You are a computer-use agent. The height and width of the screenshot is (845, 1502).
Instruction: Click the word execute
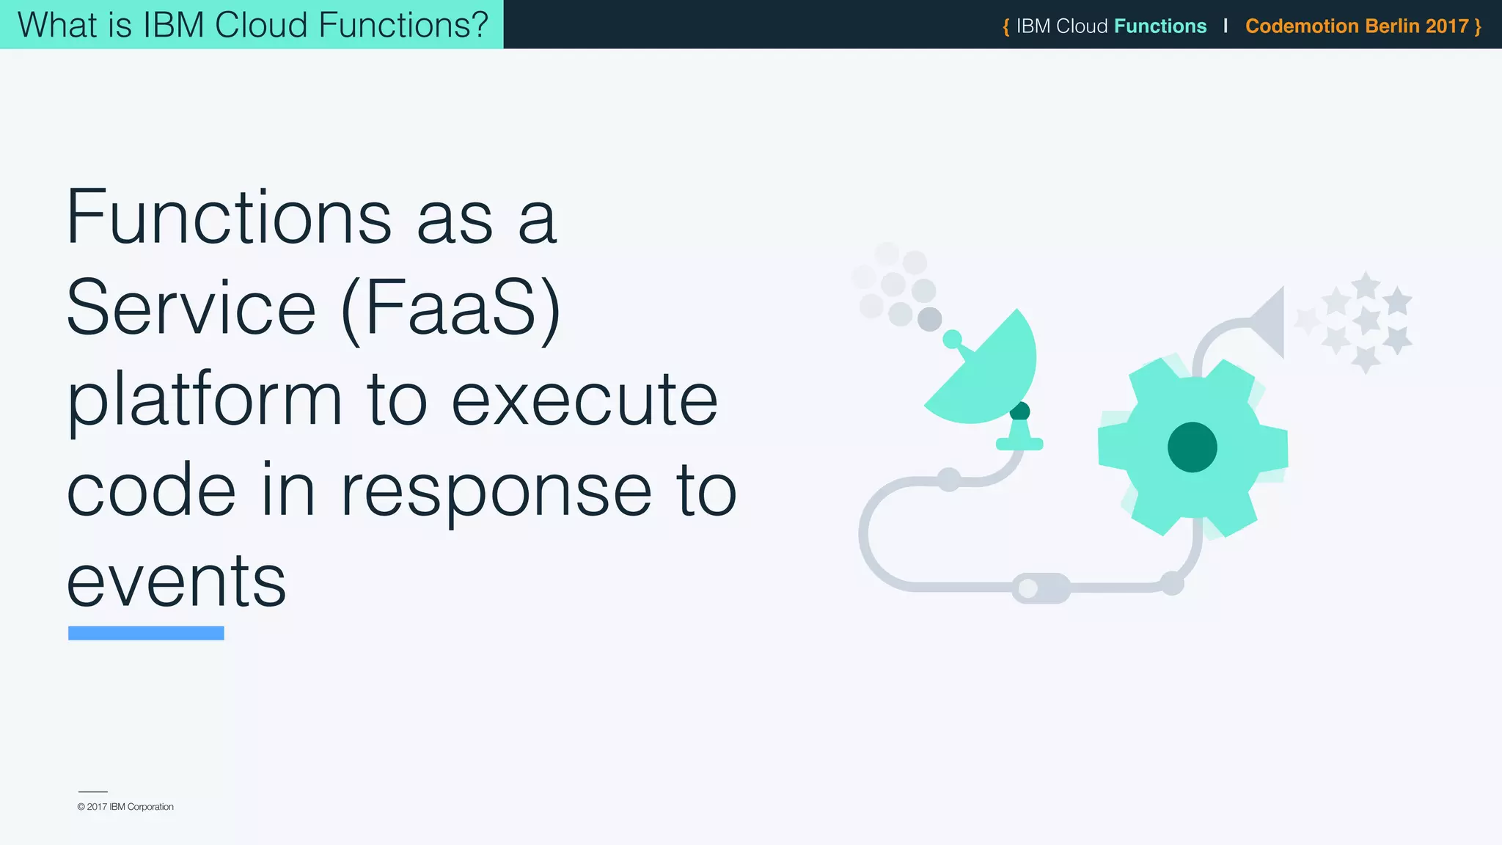(584, 400)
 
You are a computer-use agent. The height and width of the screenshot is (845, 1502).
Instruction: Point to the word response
(496, 491)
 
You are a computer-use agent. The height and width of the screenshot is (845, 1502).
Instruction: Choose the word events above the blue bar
(176, 581)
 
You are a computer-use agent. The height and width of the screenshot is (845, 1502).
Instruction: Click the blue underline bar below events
(146, 633)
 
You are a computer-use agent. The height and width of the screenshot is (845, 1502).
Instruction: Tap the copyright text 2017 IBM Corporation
(126, 807)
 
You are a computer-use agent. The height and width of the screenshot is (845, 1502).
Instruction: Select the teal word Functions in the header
(1160, 26)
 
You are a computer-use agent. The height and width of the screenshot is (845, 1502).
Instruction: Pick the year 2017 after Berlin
(1447, 26)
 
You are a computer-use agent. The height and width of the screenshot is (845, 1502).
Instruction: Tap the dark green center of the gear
(1192, 447)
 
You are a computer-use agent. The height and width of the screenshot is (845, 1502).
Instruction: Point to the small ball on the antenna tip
(952, 339)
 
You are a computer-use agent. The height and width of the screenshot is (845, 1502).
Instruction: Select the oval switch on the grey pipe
(1041, 588)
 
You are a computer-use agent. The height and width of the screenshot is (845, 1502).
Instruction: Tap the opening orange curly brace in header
(1005, 27)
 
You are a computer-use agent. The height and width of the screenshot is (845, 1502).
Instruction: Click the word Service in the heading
(191, 308)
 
